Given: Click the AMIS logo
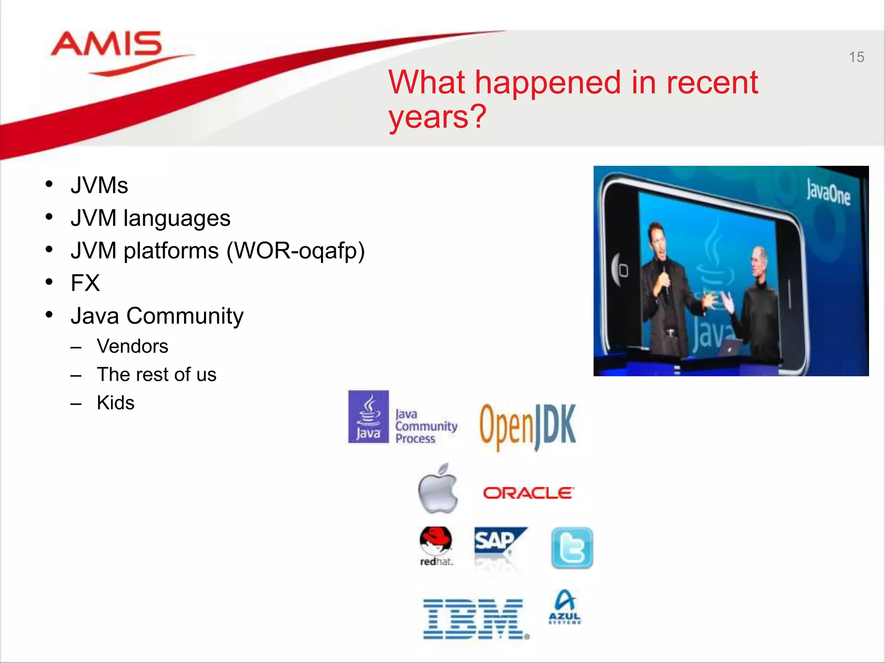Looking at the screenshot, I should tap(107, 44).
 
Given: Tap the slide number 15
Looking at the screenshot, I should tap(856, 57).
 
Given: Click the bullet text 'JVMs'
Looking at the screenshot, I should tap(99, 186).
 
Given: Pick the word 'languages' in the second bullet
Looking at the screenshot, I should tap(177, 218).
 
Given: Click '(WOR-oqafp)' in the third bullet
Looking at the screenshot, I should tap(296, 251).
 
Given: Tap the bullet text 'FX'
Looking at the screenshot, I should tap(85, 283).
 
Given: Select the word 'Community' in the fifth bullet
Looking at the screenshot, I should tap(185, 316).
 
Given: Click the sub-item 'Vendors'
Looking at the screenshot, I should tap(132, 346).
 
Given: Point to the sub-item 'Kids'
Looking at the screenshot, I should tap(115, 403).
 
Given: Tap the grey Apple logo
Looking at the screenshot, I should tap(437, 489).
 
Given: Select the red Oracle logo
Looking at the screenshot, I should tap(528, 493).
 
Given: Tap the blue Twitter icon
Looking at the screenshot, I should tap(572, 548).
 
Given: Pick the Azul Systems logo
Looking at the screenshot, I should tap(565, 607).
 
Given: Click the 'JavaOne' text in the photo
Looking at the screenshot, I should tap(828, 193).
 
